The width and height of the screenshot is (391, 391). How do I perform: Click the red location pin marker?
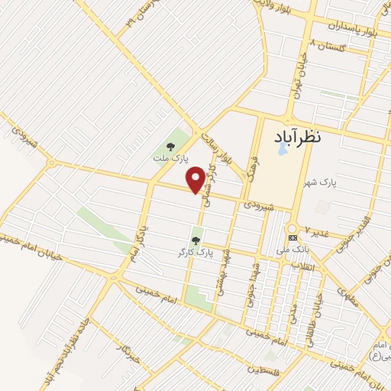[x=196, y=180]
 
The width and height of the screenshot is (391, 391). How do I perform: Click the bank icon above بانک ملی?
[x=292, y=238]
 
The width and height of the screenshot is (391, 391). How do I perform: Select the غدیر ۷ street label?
[x=318, y=229]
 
